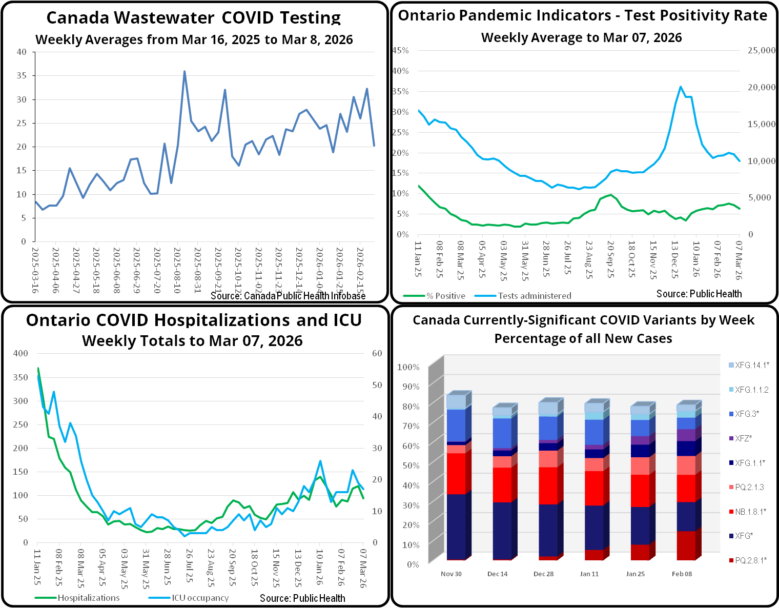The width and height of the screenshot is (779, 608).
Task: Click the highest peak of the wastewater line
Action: (x=184, y=72)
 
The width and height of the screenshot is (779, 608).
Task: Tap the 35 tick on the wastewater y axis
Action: (x=22, y=75)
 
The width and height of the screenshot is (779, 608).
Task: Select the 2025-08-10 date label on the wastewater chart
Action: (x=177, y=270)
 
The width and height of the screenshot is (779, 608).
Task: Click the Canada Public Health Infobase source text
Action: (x=288, y=296)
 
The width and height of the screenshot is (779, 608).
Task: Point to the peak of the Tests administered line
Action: (x=681, y=87)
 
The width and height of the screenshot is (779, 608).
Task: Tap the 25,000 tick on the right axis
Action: (x=762, y=50)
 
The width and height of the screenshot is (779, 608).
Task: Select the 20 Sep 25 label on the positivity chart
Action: (x=610, y=259)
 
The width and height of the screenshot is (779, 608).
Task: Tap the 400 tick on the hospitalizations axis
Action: (x=20, y=353)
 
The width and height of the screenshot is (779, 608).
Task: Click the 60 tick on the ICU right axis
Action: (x=377, y=353)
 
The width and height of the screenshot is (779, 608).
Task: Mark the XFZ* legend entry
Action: (x=743, y=438)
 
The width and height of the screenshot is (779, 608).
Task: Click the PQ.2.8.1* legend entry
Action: (x=750, y=560)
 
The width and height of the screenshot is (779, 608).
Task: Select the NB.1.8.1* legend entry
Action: (x=750, y=512)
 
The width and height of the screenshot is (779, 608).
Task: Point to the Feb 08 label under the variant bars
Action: (x=682, y=574)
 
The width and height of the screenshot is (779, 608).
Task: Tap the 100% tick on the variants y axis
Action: (x=408, y=367)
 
